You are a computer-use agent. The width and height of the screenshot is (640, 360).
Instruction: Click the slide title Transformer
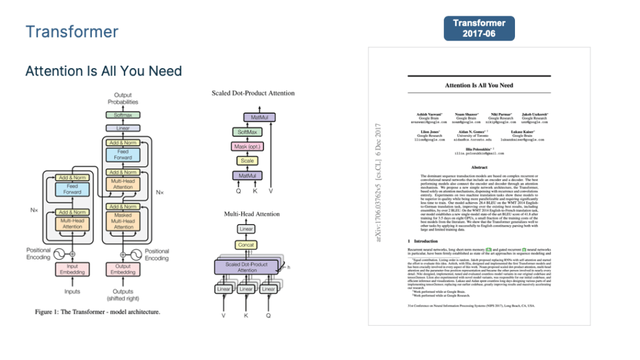[x=72, y=31]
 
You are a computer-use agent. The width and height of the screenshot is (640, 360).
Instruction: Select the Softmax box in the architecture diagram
[x=122, y=115]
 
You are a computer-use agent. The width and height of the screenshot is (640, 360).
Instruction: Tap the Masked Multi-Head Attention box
[x=122, y=221]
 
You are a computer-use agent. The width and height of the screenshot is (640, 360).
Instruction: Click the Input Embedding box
[x=72, y=269]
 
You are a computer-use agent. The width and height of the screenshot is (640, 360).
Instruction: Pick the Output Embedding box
[x=122, y=269]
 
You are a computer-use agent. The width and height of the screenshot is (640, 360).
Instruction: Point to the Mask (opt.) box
[x=246, y=146]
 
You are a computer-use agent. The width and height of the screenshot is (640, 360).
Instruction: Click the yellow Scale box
[x=246, y=161]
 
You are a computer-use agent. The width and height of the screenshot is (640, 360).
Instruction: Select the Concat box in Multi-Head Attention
[x=246, y=244]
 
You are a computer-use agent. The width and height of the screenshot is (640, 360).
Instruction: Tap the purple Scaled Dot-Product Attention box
[x=246, y=267]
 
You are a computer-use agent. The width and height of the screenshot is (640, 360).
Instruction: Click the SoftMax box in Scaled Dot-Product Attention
[x=246, y=132]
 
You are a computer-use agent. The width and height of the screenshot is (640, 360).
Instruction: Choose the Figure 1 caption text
[x=97, y=312]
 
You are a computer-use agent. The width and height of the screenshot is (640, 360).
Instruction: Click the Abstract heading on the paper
[x=479, y=167]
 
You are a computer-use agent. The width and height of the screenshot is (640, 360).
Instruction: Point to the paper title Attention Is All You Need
[x=479, y=85]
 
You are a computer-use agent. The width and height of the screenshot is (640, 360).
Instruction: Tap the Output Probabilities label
[x=122, y=99]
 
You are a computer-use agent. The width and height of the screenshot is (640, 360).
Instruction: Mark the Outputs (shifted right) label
[x=122, y=295]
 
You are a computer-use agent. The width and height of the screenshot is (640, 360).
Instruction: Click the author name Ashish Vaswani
[x=427, y=114]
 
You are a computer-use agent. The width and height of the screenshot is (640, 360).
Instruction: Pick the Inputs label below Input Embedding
[x=72, y=291]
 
